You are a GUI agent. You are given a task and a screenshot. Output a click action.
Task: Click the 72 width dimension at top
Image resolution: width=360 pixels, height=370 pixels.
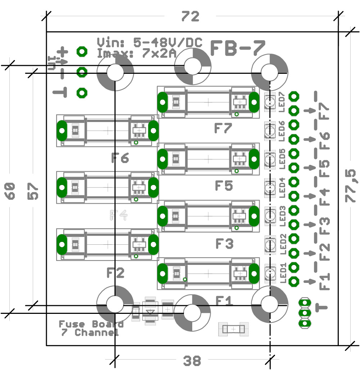tap(190, 17)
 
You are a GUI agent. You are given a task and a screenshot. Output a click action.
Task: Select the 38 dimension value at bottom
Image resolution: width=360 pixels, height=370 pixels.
tap(192, 361)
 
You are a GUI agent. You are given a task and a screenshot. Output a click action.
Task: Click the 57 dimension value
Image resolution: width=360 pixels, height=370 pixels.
tap(33, 190)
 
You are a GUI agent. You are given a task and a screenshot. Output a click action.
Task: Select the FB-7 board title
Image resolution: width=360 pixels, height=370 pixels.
tap(238, 48)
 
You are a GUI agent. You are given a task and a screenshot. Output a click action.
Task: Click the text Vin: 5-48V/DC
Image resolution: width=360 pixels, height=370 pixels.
tap(149, 42)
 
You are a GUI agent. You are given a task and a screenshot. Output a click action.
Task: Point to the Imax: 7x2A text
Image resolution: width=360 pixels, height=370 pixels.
tap(136, 54)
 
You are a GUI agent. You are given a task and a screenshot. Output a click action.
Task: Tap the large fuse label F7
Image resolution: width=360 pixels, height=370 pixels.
tap(223, 128)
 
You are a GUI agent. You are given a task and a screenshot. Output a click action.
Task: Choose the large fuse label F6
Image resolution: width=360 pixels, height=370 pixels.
tap(120, 158)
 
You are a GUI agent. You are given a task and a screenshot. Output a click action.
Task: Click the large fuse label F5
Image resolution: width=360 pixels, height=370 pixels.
tap(224, 186)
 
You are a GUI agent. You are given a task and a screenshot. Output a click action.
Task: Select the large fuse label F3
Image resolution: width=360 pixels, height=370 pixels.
tap(224, 244)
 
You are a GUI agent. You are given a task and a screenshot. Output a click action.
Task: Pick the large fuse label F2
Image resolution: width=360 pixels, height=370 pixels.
tap(115, 273)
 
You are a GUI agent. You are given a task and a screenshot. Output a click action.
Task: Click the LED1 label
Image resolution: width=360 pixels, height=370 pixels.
tap(283, 273)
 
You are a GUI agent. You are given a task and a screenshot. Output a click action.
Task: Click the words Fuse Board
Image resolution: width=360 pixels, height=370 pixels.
tap(91, 324)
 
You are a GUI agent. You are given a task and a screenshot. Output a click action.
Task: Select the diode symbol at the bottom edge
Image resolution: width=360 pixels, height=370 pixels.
tap(151, 311)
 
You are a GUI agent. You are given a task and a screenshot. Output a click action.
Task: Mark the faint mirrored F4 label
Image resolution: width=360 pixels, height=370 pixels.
tap(118, 215)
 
